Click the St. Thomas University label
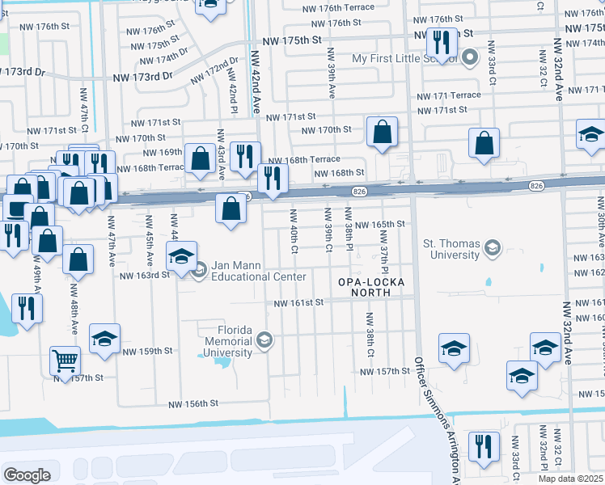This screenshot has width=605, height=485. [x=451, y=249]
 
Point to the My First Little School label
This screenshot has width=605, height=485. [x=400, y=59]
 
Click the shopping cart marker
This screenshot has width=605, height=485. [x=65, y=360]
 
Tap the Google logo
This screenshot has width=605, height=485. [x=27, y=475]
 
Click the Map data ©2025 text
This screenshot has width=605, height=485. [x=570, y=479]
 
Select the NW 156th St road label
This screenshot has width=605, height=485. [x=193, y=403]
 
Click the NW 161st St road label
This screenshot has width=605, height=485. [x=298, y=302]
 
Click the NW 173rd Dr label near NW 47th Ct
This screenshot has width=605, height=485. [x=143, y=76]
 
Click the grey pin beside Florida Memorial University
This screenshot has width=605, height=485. [x=264, y=341]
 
